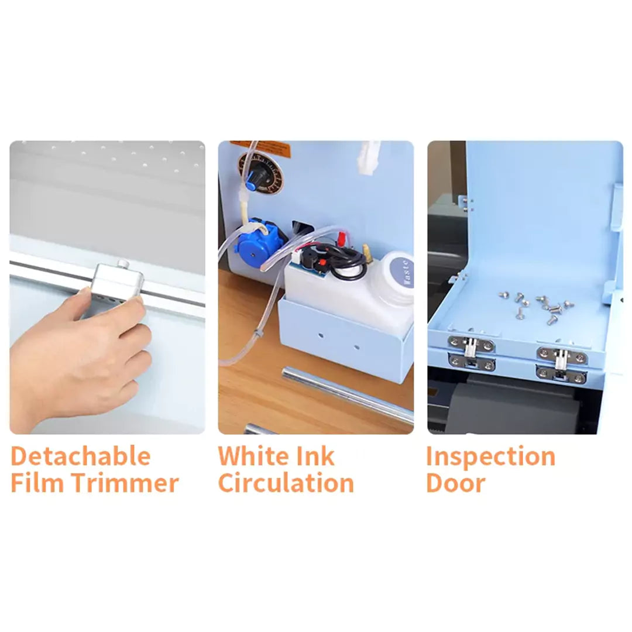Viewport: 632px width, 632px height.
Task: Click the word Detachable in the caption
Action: [x=81, y=456]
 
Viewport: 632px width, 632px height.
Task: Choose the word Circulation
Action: [x=286, y=483]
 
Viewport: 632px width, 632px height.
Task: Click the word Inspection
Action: [x=490, y=456]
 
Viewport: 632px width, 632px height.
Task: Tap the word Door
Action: [x=455, y=483]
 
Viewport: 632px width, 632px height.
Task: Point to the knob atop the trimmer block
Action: [x=123, y=265]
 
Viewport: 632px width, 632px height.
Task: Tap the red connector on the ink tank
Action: [x=341, y=238]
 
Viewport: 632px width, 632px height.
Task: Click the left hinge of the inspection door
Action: [x=471, y=353]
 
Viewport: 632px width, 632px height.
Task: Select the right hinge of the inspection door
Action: [x=561, y=364]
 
